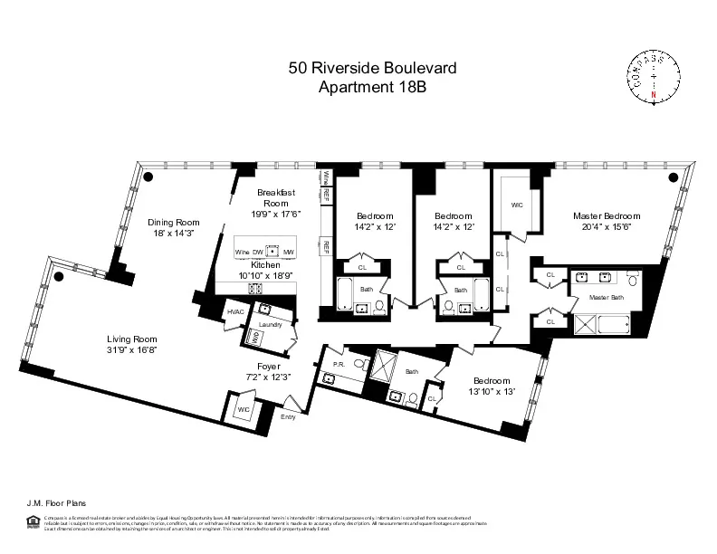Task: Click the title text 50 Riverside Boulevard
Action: pyautogui.click(x=358, y=67)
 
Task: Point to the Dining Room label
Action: pyautogui.click(x=173, y=222)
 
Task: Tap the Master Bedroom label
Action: pyautogui.click(x=606, y=216)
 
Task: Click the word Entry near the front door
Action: pyautogui.click(x=288, y=417)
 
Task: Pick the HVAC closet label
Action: pyautogui.click(x=236, y=311)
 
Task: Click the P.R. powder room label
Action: pyautogui.click(x=339, y=365)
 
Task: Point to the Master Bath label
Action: pyautogui.click(x=606, y=297)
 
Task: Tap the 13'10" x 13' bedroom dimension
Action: pyautogui.click(x=492, y=391)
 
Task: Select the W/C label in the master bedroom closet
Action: pyautogui.click(x=517, y=205)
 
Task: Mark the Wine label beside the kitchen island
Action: pyautogui.click(x=242, y=252)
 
